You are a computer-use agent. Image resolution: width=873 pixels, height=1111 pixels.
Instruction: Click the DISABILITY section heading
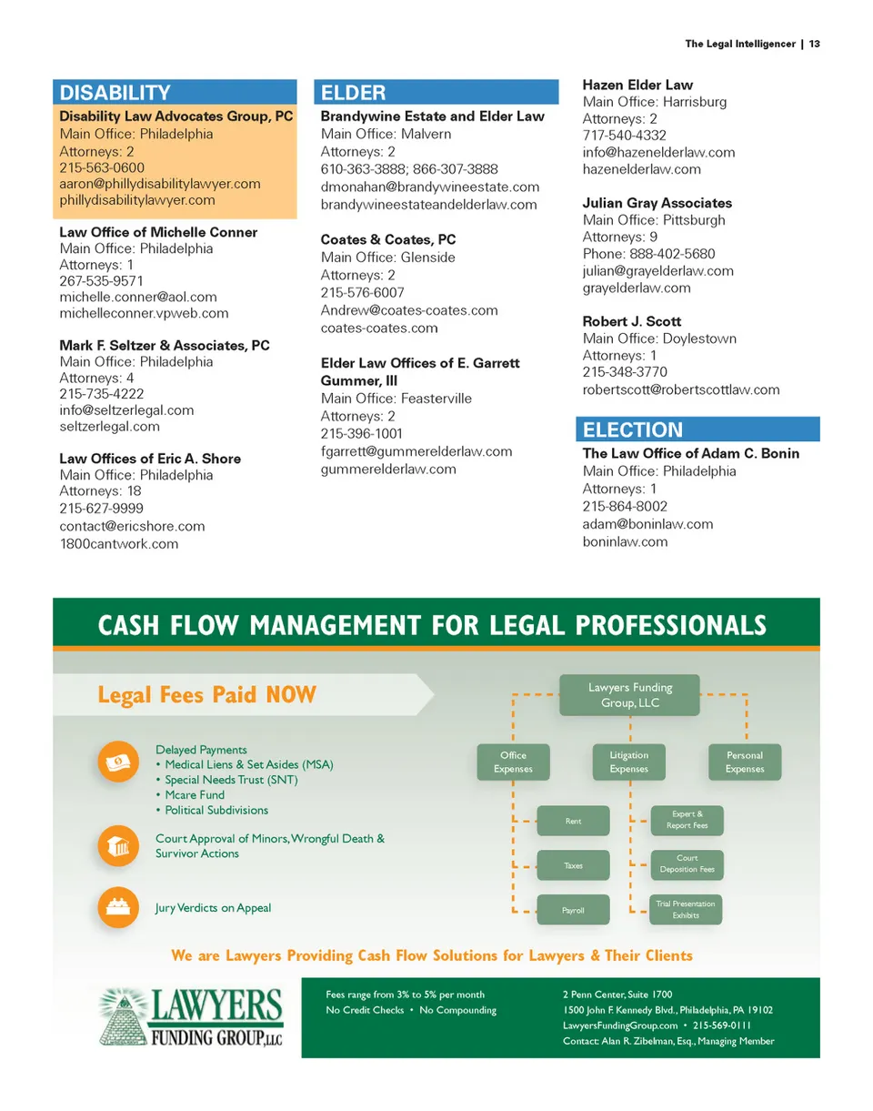115,93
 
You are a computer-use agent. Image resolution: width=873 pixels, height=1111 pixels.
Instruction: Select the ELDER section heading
354,93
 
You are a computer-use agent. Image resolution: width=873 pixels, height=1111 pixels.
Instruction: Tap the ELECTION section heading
632,429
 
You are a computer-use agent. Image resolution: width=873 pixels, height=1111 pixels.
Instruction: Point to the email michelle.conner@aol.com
138,297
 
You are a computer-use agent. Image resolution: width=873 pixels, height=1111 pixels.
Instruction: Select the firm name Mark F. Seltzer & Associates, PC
165,346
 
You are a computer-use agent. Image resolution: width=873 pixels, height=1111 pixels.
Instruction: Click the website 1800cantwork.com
119,544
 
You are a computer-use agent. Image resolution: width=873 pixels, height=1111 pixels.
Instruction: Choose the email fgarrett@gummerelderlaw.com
416,451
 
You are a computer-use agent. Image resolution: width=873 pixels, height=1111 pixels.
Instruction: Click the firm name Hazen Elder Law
637,86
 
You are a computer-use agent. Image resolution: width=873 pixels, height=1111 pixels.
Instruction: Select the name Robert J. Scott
631,322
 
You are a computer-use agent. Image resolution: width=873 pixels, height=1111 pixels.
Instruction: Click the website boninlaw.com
625,541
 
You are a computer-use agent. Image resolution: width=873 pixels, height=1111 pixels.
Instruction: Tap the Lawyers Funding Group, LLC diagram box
629,695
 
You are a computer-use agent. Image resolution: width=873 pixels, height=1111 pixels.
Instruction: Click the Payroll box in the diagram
573,910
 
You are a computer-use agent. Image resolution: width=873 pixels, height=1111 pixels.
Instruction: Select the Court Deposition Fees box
687,864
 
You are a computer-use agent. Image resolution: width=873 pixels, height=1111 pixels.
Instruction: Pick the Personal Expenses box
745,763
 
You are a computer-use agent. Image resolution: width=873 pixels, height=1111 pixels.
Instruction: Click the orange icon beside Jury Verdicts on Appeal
118,907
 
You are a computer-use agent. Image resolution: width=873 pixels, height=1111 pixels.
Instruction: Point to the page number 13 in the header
815,44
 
